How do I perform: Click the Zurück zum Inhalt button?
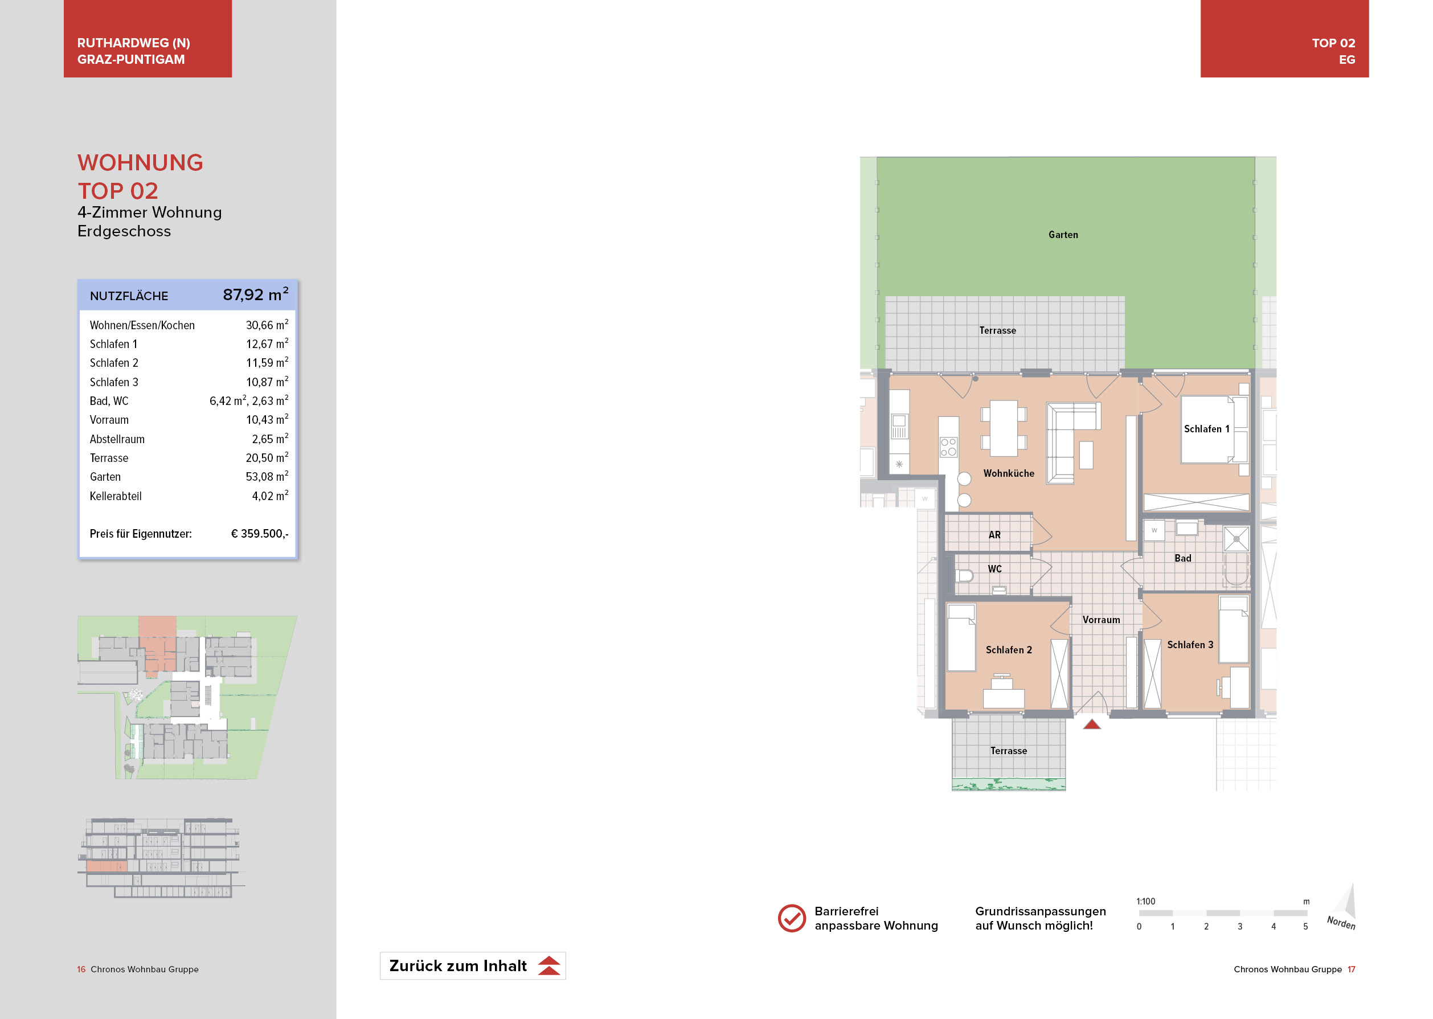coord(472,965)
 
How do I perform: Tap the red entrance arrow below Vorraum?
coord(1092,724)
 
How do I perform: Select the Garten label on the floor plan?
coord(1063,235)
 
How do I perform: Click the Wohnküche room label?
coord(1008,473)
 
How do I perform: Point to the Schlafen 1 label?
coord(1206,428)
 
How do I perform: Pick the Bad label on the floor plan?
coord(1182,558)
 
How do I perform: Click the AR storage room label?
coord(994,535)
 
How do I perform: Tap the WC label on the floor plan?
coord(994,568)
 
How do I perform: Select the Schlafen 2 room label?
coord(1008,649)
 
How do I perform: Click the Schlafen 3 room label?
coord(1190,644)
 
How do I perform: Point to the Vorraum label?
coord(1100,619)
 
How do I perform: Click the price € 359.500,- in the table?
coord(260,533)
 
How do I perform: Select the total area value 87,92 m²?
coord(255,294)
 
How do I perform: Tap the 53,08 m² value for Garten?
coord(267,476)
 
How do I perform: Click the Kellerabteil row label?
coord(116,496)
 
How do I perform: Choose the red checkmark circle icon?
coord(791,918)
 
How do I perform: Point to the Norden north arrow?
coord(1344,907)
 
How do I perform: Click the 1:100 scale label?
coord(1145,901)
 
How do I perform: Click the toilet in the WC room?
coord(964,575)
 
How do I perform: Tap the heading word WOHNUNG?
coord(140,162)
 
